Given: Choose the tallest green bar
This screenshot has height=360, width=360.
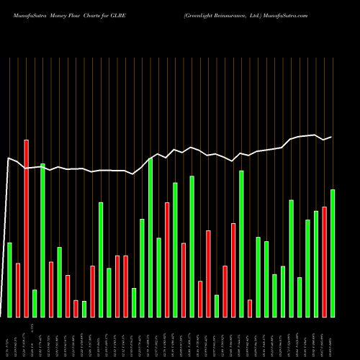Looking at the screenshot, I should pos(150,237).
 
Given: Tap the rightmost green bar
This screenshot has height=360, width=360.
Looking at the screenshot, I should pos(333,253).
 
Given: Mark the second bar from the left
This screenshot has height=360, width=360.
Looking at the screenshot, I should pos(18,289).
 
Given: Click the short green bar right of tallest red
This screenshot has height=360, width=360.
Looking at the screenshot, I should pos(35,303).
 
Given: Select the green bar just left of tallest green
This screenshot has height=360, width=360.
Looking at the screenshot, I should pos(143,267).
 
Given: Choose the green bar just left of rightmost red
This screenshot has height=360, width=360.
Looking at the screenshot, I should pos(316,264).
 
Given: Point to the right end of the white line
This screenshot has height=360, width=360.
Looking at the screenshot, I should pos(330,137).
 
